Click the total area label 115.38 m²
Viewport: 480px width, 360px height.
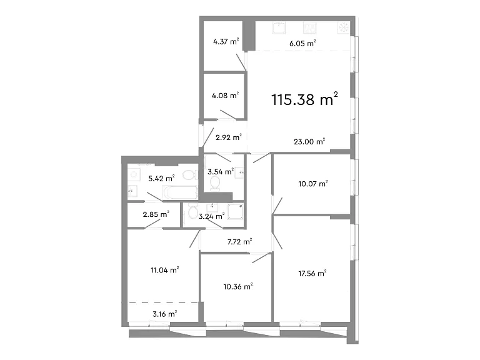pos(304,99)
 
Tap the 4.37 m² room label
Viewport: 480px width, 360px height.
pos(226,41)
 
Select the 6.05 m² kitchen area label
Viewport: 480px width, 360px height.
pos(302,43)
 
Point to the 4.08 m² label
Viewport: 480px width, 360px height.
pos(225,96)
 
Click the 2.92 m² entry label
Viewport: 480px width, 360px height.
pos(229,137)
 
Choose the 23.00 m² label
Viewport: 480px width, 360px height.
pos(309,141)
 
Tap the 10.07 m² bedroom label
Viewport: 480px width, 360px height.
pos(313,184)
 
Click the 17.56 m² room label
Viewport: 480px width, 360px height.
pos(312,273)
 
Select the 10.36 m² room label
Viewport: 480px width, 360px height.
pos(238,286)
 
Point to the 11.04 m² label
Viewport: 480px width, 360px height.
pos(165,270)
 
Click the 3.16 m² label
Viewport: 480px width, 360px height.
pos(165,314)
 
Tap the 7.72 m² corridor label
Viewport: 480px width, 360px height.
pos(240,242)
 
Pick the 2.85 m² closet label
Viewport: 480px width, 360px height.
pos(156,214)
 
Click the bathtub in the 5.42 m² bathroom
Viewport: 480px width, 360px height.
pos(180,192)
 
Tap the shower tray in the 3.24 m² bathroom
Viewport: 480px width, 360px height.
pos(236,211)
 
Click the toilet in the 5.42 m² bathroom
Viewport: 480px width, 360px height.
pos(190,175)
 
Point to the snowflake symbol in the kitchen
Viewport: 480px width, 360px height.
pos(344,27)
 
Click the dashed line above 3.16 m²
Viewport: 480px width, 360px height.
pos(163,302)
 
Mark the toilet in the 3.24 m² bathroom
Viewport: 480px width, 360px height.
pos(192,211)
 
